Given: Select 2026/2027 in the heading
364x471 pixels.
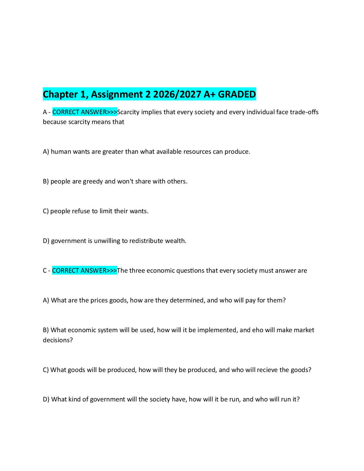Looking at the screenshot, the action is tap(177, 94).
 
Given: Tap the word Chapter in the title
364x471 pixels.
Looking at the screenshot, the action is tap(60, 95).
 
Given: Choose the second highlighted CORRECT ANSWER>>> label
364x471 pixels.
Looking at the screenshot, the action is tap(84, 270).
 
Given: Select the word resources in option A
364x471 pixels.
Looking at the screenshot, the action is tap(197, 152).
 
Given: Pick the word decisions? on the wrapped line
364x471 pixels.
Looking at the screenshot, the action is tap(58, 340).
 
